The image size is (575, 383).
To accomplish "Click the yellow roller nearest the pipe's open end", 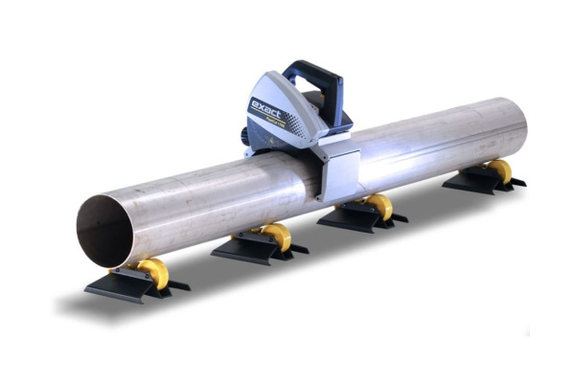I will point(154,274).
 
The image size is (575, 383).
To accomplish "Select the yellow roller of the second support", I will point(277,237).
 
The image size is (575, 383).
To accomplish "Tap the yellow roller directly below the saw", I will point(380,207).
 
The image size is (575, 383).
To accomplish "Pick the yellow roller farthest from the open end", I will point(499,171).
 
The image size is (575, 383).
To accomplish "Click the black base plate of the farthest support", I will point(470,182).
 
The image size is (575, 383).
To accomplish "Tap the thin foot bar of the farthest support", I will point(517,182).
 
